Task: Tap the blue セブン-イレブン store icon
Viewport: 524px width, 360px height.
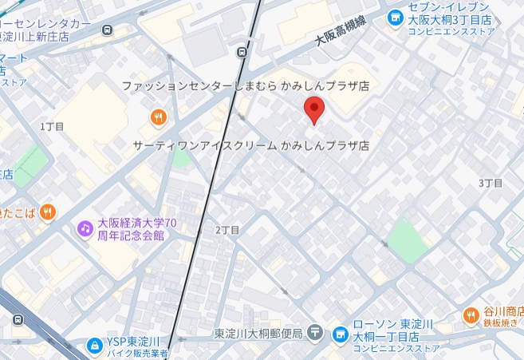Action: click(393, 17)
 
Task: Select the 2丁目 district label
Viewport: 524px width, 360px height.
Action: click(227, 230)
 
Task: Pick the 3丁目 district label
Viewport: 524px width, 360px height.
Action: click(491, 183)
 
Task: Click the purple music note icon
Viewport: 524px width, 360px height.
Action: click(85, 229)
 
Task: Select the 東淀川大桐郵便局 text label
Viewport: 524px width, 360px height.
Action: click(258, 333)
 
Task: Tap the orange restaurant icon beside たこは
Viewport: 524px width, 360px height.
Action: click(48, 212)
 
